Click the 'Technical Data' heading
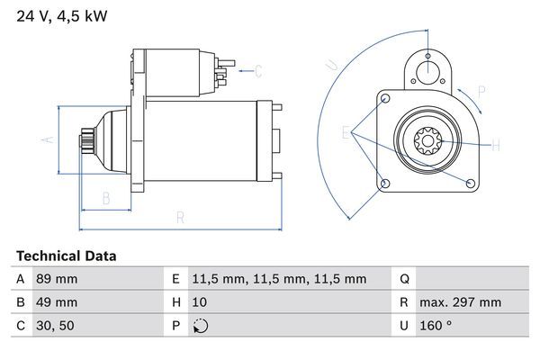(x=67, y=256)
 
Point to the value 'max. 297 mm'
(x=462, y=302)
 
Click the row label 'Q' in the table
(x=405, y=279)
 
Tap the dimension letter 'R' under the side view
(x=180, y=217)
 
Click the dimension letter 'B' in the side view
(x=105, y=198)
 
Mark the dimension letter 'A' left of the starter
(x=50, y=139)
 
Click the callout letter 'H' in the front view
(x=496, y=144)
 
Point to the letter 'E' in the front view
(x=346, y=133)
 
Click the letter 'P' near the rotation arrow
(x=481, y=90)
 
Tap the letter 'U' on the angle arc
(x=331, y=64)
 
